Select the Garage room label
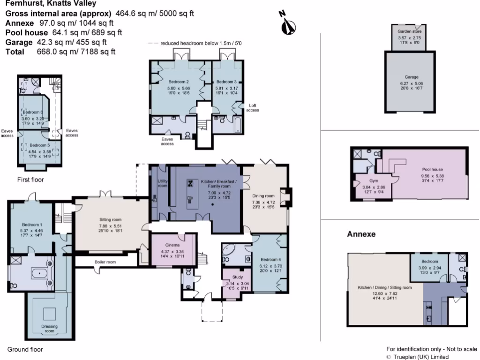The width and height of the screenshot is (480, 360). tap(411, 77)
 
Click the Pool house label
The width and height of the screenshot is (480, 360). tap(432, 169)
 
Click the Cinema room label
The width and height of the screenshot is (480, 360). tap(172, 245)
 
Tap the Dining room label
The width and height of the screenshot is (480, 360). tap(263, 196)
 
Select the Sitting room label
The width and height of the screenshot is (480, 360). tap(110, 219)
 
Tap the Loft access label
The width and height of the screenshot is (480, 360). tap(253, 108)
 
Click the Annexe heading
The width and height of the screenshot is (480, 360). tap(361, 234)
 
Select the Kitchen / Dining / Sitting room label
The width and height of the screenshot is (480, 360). tap(384, 287)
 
